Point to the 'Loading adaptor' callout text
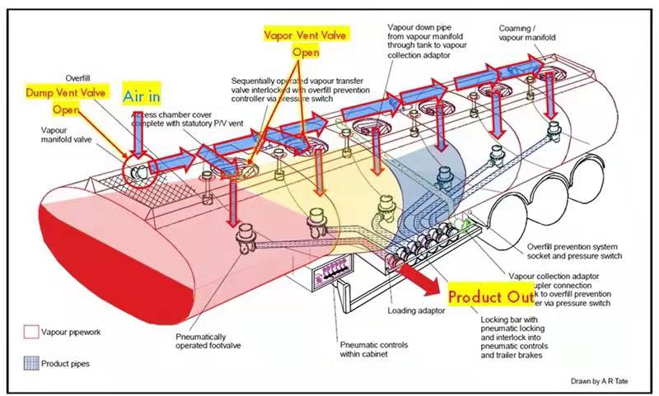point(416,311)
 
